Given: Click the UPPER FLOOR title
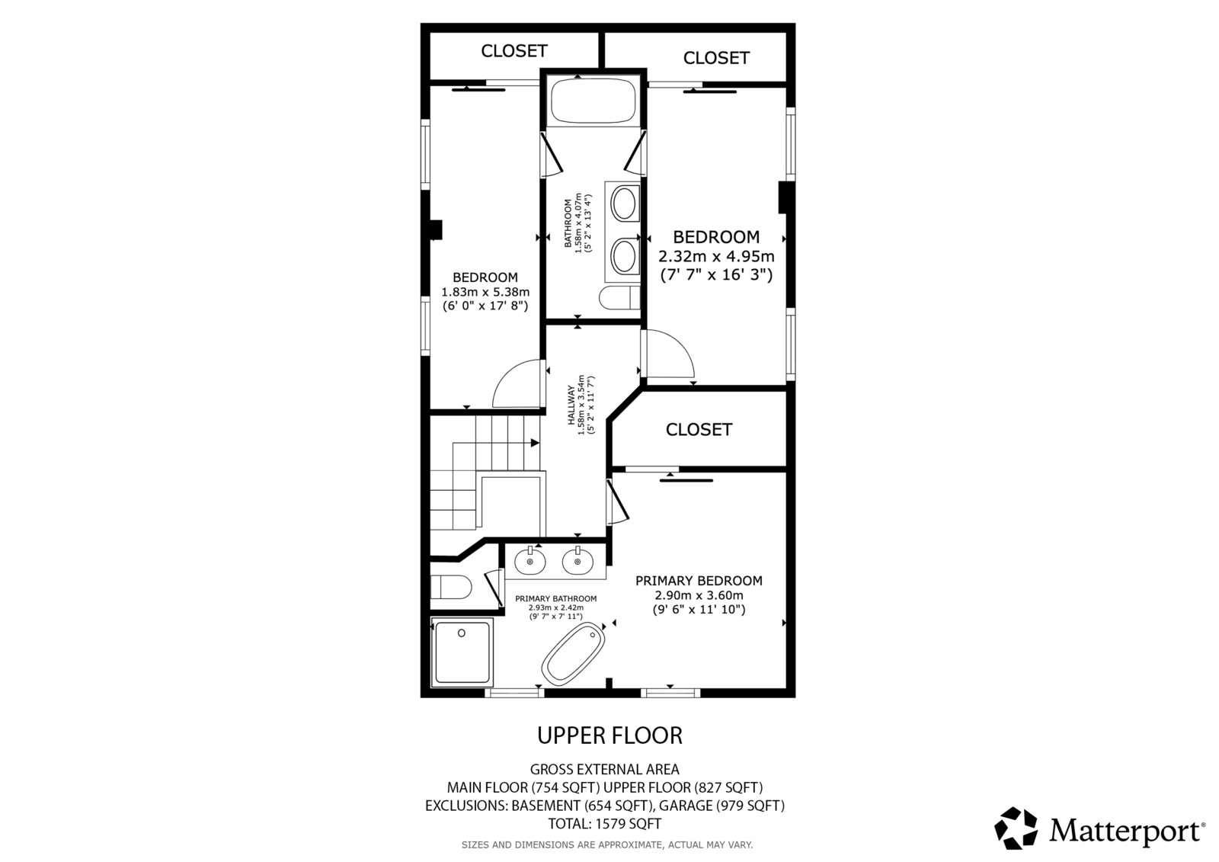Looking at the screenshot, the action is click(x=609, y=735).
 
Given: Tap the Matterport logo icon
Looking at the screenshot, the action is click(x=1016, y=828).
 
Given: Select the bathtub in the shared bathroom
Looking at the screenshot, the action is click(x=593, y=101).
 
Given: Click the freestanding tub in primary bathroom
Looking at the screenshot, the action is click(x=573, y=655).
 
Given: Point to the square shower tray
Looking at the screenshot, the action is click(x=462, y=652).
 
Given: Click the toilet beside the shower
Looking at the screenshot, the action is click(x=451, y=587).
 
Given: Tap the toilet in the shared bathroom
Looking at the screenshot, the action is click(x=620, y=297).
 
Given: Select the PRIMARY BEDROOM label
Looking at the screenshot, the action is click(x=699, y=581).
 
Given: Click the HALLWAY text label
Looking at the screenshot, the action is click(x=571, y=405).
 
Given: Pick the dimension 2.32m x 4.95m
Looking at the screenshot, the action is click(x=716, y=256).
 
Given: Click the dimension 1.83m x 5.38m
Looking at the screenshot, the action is click(x=485, y=292).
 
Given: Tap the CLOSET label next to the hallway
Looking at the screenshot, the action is click(x=699, y=430).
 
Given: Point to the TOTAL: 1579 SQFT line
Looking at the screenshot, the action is click(x=605, y=823).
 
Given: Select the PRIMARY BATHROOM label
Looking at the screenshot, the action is click(x=555, y=599).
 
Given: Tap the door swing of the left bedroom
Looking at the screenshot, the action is click(x=517, y=383).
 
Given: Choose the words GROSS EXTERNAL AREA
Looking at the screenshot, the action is click(x=605, y=770).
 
